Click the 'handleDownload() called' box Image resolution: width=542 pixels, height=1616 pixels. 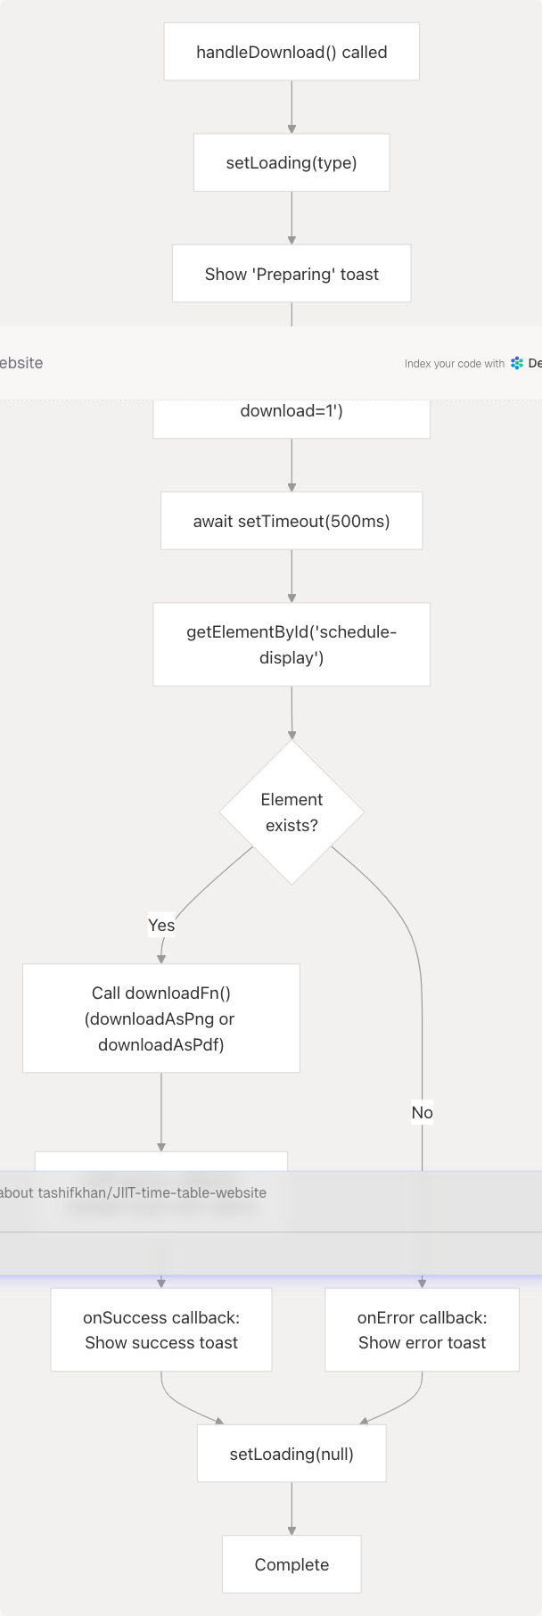click(x=292, y=53)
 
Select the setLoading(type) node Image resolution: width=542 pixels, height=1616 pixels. click(x=292, y=163)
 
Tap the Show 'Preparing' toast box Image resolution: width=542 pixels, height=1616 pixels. click(x=292, y=274)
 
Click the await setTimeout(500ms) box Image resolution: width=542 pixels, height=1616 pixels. click(x=292, y=521)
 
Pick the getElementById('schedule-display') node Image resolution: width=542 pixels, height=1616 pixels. click(x=292, y=644)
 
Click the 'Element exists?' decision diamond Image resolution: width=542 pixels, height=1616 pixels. click(x=292, y=812)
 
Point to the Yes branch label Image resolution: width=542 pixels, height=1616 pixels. click(x=161, y=925)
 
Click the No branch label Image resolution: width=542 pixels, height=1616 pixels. click(x=422, y=1112)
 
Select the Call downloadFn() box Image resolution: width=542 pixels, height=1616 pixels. click(x=161, y=1018)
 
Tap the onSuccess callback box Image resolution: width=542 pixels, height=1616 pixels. click(x=161, y=1330)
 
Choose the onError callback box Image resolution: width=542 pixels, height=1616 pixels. click(x=422, y=1330)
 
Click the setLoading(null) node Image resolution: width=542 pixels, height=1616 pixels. click(x=292, y=1454)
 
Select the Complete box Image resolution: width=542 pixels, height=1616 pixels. click(x=292, y=1564)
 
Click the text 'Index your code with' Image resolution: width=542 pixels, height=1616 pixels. click(x=454, y=364)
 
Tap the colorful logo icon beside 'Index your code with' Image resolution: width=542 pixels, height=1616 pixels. click(x=517, y=363)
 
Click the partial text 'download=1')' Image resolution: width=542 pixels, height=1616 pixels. click(x=292, y=411)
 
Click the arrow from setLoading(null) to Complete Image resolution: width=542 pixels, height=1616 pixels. click(x=292, y=1509)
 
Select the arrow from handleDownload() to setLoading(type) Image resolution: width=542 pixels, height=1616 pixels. click(x=292, y=107)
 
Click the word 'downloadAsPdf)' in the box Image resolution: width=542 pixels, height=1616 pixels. click(x=161, y=1044)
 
